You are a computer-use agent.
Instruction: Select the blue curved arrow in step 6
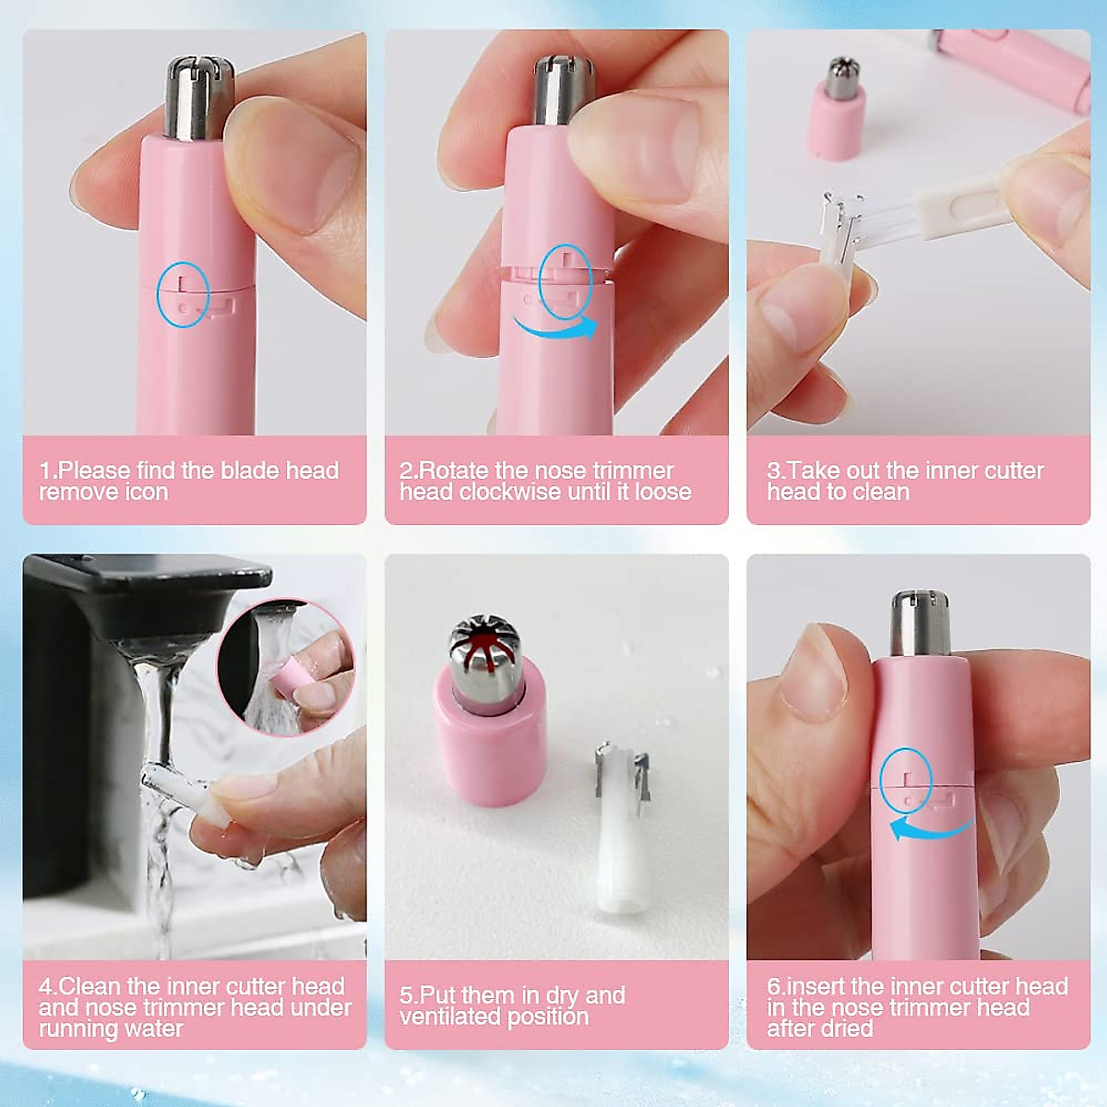tap(930, 828)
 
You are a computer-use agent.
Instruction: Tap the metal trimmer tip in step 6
tap(921, 623)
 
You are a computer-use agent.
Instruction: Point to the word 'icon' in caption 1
tap(147, 492)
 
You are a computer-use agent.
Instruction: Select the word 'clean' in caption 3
tap(882, 492)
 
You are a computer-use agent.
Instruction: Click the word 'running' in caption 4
tap(77, 1029)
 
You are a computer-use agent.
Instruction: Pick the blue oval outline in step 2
tap(565, 281)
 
